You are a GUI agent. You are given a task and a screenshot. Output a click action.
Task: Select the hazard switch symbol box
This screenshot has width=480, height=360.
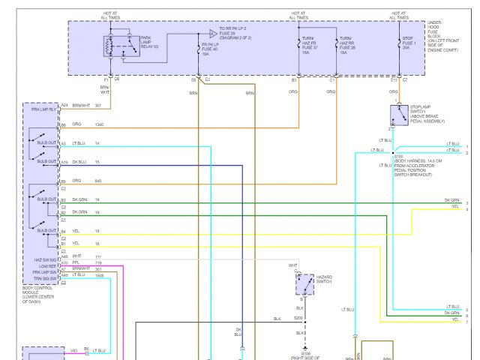[x=304, y=284]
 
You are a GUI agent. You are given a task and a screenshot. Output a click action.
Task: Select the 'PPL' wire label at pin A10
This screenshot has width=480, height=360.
[x=76, y=262]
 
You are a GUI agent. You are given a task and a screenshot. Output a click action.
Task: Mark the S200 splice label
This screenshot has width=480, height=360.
[x=298, y=318]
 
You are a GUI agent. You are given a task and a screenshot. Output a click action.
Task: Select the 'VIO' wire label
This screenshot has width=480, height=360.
[x=73, y=350]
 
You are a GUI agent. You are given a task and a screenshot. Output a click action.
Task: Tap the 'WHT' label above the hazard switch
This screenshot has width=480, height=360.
[x=292, y=265]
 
